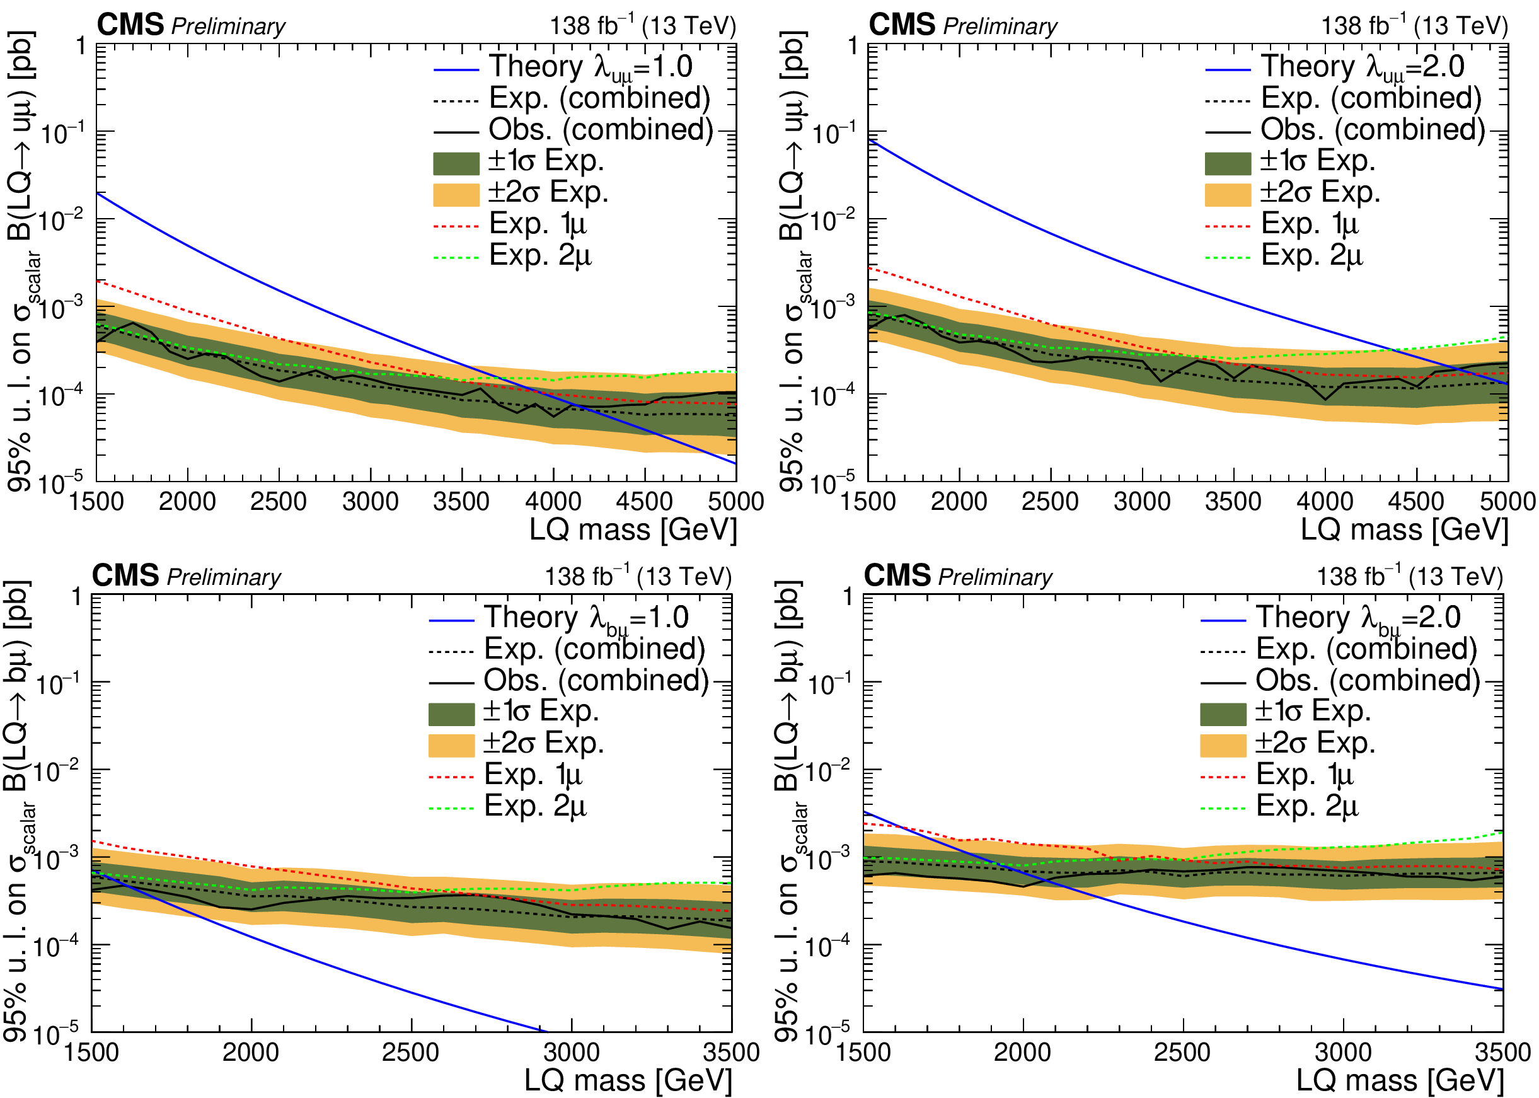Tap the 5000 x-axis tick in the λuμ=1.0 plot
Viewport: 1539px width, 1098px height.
tap(735, 502)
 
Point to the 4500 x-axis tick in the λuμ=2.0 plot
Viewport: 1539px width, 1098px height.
tap(1416, 502)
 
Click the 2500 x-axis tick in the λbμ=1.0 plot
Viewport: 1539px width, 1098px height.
tap(410, 1053)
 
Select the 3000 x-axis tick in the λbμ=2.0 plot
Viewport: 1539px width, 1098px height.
tap(1343, 1053)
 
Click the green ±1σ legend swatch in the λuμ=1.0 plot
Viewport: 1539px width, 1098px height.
tap(456, 164)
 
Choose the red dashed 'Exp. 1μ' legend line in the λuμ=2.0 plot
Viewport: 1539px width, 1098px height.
tap(1228, 226)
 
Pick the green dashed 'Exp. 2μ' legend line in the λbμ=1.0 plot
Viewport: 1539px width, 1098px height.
tap(451, 808)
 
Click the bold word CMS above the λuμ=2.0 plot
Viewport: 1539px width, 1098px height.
tap(902, 26)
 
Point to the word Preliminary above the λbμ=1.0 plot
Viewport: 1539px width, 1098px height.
tap(224, 577)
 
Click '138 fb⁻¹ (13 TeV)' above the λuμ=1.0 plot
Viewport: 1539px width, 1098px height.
tap(642, 26)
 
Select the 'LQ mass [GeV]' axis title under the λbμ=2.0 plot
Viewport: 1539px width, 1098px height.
tap(1400, 1080)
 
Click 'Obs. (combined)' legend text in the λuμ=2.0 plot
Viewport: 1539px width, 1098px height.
tap(1372, 129)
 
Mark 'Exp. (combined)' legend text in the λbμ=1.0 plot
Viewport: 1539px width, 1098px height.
tap(595, 649)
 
